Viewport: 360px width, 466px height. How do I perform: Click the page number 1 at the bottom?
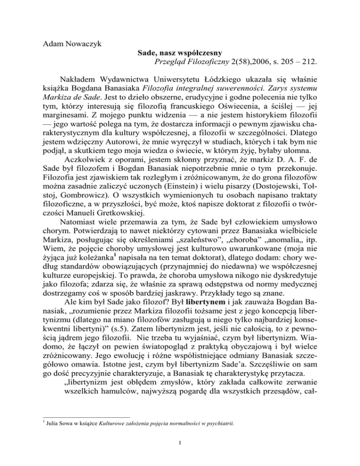tap(180, 453)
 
